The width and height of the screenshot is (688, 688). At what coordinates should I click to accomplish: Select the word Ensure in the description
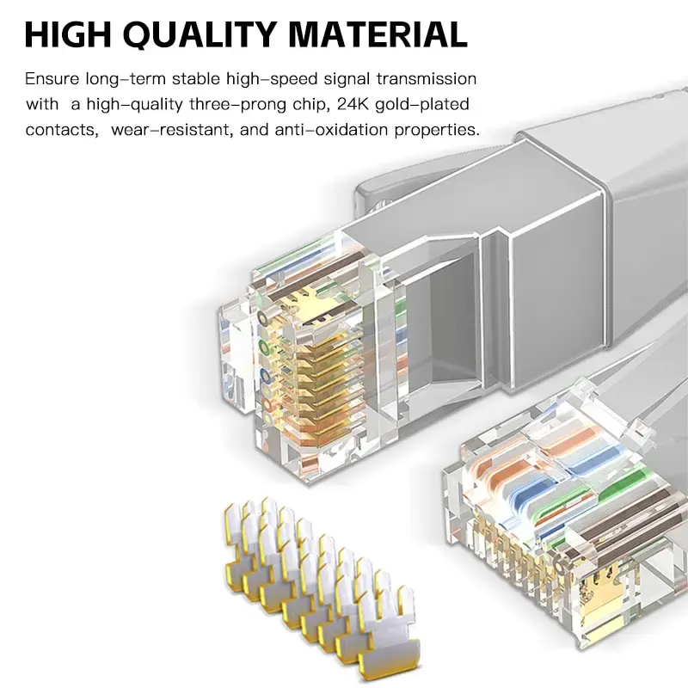pos(52,78)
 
